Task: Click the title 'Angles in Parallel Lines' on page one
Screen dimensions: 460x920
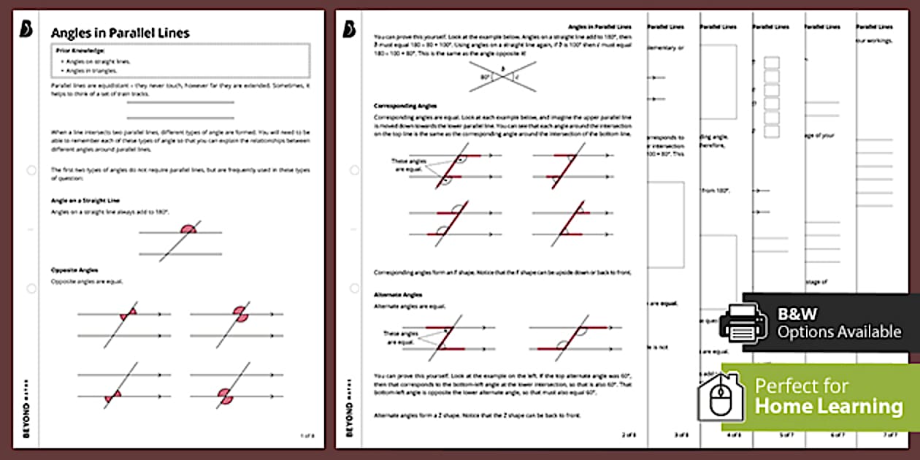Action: [120, 33]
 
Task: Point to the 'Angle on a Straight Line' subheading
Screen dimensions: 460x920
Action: [85, 200]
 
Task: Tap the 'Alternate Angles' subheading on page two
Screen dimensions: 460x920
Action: [398, 294]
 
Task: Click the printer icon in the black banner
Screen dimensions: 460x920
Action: [743, 322]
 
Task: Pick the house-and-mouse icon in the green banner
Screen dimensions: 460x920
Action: [721, 397]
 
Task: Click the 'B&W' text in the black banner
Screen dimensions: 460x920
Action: [797, 314]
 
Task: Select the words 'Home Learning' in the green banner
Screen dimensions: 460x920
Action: [828, 406]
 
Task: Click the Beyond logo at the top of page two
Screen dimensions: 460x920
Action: [349, 28]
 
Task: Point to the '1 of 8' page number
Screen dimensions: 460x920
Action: [307, 435]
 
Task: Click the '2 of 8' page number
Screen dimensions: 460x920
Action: [629, 435]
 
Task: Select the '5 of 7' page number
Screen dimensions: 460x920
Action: [786, 435]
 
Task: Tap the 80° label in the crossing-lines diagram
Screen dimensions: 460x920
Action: [484, 75]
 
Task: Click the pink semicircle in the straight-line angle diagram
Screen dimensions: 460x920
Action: [188, 229]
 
